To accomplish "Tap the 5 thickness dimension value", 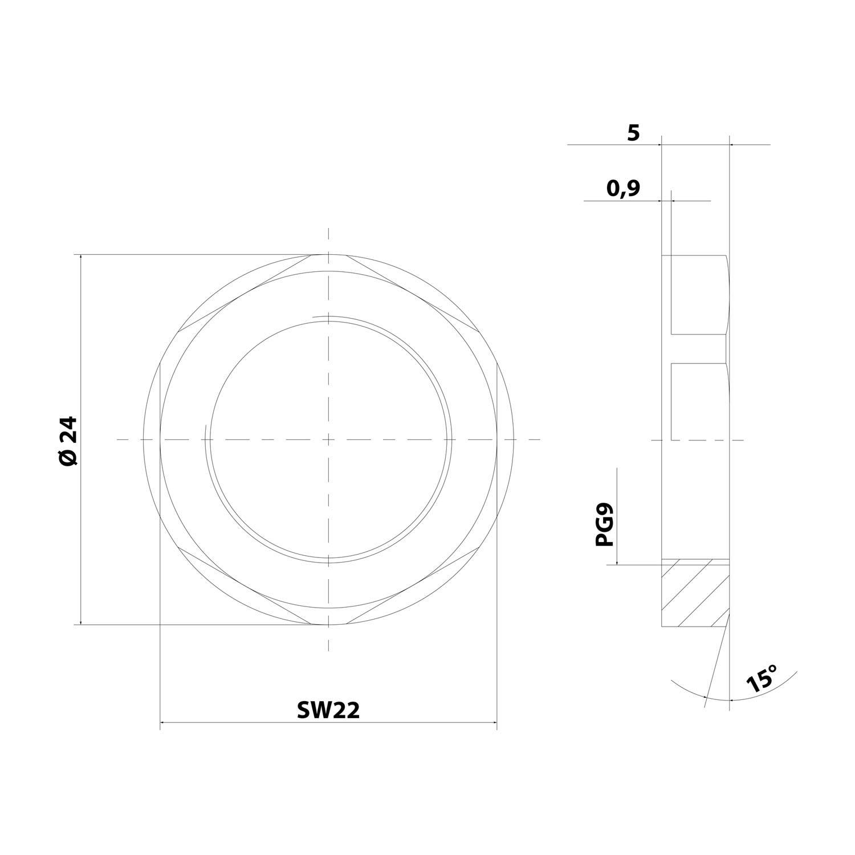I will pyautogui.click(x=633, y=133).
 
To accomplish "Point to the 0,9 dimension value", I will pyautogui.click(x=623, y=188).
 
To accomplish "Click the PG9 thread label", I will pyautogui.click(x=604, y=524).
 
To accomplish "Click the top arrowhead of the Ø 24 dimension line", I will pyautogui.click(x=82, y=258).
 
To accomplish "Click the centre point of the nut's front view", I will pyautogui.click(x=328, y=439).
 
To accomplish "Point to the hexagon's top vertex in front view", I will pyautogui.click(x=328, y=254).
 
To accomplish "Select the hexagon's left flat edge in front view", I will pyautogui.click(x=160, y=439).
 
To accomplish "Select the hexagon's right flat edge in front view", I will pyautogui.click(x=497, y=439).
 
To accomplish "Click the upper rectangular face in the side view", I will pyautogui.click(x=698, y=294).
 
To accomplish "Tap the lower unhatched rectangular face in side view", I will pyautogui.click(x=698, y=401).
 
